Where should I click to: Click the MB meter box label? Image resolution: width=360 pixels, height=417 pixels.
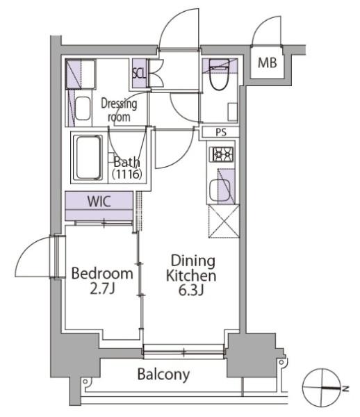pyautogui.click(x=267, y=63)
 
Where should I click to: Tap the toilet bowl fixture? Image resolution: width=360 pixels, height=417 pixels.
pyautogui.click(x=220, y=75)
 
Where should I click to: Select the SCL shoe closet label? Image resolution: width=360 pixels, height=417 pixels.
pyautogui.click(x=139, y=74)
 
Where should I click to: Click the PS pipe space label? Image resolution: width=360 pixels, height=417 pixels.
pyautogui.click(x=221, y=132)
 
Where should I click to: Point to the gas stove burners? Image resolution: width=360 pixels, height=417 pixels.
pyautogui.click(x=223, y=154)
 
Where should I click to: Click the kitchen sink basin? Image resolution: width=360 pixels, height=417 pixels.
pyautogui.click(x=220, y=190)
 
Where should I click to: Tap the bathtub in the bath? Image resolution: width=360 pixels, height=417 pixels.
pyautogui.click(x=89, y=158)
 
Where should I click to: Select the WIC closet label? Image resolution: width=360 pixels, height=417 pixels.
pyautogui.click(x=99, y=202)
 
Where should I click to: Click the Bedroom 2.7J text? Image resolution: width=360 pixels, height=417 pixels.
pyautogui.click(x=102, y=281)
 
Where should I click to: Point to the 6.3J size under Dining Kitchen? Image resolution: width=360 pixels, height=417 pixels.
pyautogui.click(x=191, y=291)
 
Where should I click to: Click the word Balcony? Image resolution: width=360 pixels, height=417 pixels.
pyautogui.click(x=163, y=375)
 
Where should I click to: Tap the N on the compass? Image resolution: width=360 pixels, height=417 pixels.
pyautogui.click(x=345, y=389)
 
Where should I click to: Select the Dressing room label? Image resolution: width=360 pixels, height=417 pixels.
pyautogui.click(x=119, y=111)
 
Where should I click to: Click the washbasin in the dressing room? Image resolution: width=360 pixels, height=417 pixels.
pyautogui.click(x=83, y=108)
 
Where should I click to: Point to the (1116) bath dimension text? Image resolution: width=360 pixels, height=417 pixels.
pyautogui.click(x=126, y=174)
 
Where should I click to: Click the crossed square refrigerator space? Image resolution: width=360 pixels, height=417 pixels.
pyautogui.click(x=224, y=221)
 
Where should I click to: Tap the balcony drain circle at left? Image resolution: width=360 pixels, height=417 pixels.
pyautogui.click(x=85, y=382)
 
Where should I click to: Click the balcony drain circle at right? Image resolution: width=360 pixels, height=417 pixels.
pyautogui.click(x=281, y=362)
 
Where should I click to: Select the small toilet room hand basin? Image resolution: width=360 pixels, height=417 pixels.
pyautogui.click(x=232, y=112)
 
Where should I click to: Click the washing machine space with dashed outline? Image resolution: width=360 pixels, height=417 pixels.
pyautogui.click(x=81, y=74)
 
